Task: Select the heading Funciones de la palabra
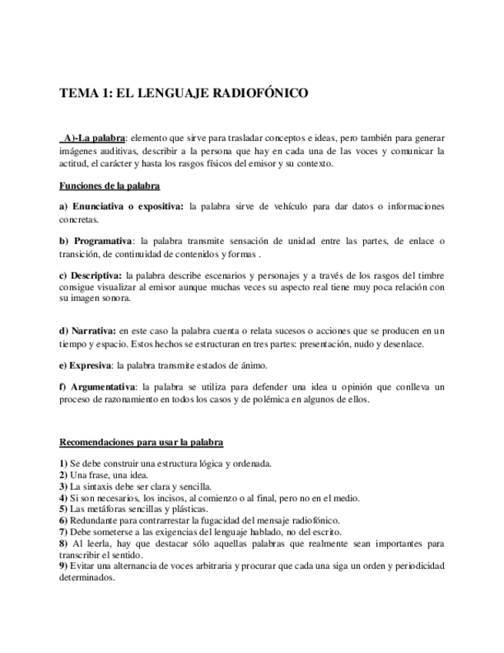click(109, 186)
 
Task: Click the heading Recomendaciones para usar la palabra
click(142, 442)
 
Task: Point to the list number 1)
click(64, 464)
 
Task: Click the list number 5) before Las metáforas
click(64, 509)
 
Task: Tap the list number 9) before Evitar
click(64, 566)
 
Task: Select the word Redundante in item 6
click(93, 521)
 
